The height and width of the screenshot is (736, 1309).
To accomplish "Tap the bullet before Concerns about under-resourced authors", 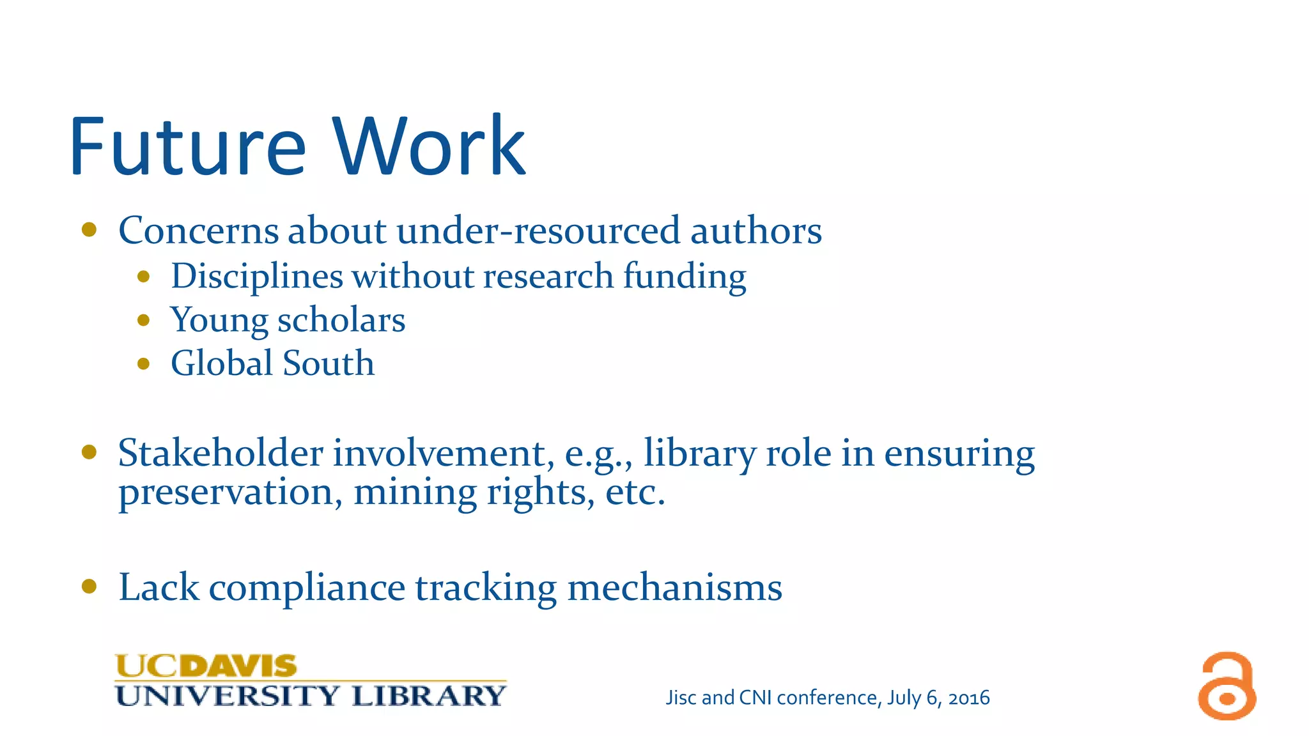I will tap(89, 229).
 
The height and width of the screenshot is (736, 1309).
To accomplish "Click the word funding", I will tap(685, 277).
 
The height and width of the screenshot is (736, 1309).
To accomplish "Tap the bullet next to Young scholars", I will tap(143, 320).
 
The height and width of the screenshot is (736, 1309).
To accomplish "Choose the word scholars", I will tap(341, 320).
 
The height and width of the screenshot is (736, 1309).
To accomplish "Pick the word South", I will tap(329, 363).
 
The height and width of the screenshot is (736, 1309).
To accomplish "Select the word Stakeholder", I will tap(221, 453).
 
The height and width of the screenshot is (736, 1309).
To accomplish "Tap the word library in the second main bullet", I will tap(699, 453).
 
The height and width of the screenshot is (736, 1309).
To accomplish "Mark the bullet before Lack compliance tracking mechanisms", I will tap(89, 586).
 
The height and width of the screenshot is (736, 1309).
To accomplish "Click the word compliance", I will tap(307, 588).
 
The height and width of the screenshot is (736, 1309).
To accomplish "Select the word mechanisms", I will tap(674, 587).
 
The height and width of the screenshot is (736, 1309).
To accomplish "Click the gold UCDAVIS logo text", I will tap(206, 666).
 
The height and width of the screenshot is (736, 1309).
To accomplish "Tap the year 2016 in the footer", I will tap(968, 698).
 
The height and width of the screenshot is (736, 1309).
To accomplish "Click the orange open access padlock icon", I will tap(1227, 686).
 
